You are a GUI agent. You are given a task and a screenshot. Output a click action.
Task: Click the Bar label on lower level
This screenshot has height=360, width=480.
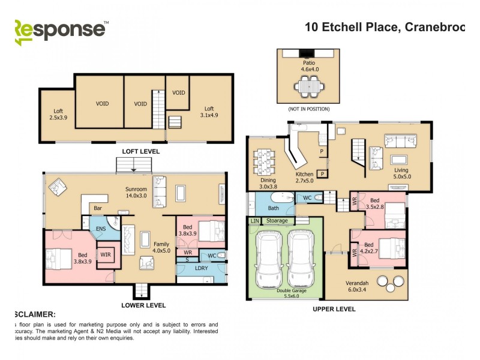click(97, 209)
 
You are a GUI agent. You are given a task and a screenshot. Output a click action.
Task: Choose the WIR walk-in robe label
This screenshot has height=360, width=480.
click(106, 255)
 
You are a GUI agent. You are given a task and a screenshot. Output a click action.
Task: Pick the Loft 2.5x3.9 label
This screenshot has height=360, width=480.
click(58, 114)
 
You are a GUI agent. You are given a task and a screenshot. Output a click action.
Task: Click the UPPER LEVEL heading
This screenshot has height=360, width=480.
click(334, 309)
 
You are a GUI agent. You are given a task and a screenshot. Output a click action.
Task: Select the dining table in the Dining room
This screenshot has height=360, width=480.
click(264, 161)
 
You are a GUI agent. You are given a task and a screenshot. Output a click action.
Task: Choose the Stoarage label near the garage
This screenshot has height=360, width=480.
click(277, 221)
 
